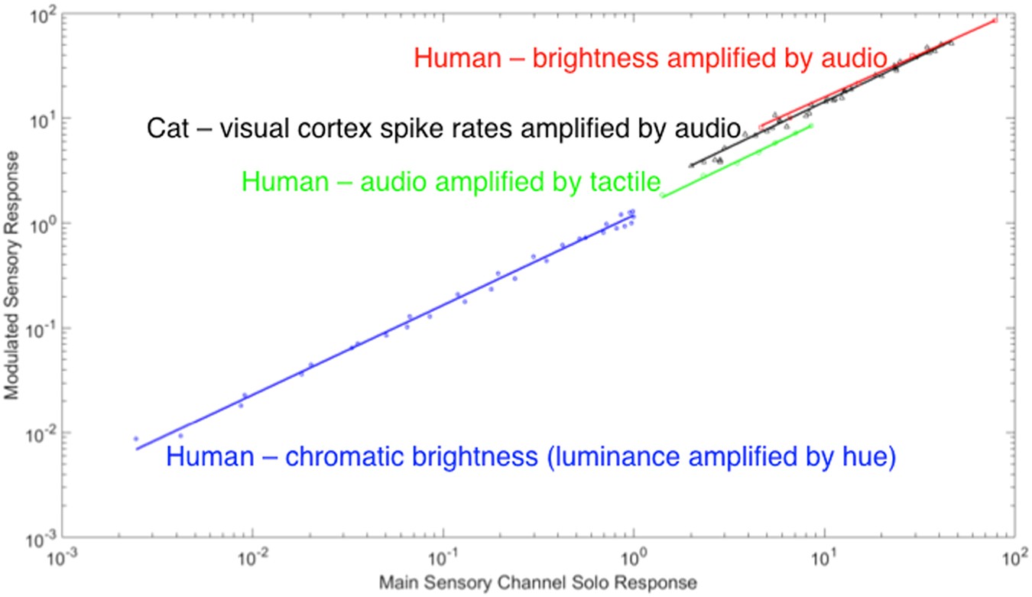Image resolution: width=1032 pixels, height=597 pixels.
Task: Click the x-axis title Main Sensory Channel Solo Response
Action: (x=537, y=582)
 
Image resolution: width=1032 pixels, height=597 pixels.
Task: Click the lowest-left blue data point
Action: (x=136, y=439)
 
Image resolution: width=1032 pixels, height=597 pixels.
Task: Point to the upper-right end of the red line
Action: (x=995, y=21)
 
